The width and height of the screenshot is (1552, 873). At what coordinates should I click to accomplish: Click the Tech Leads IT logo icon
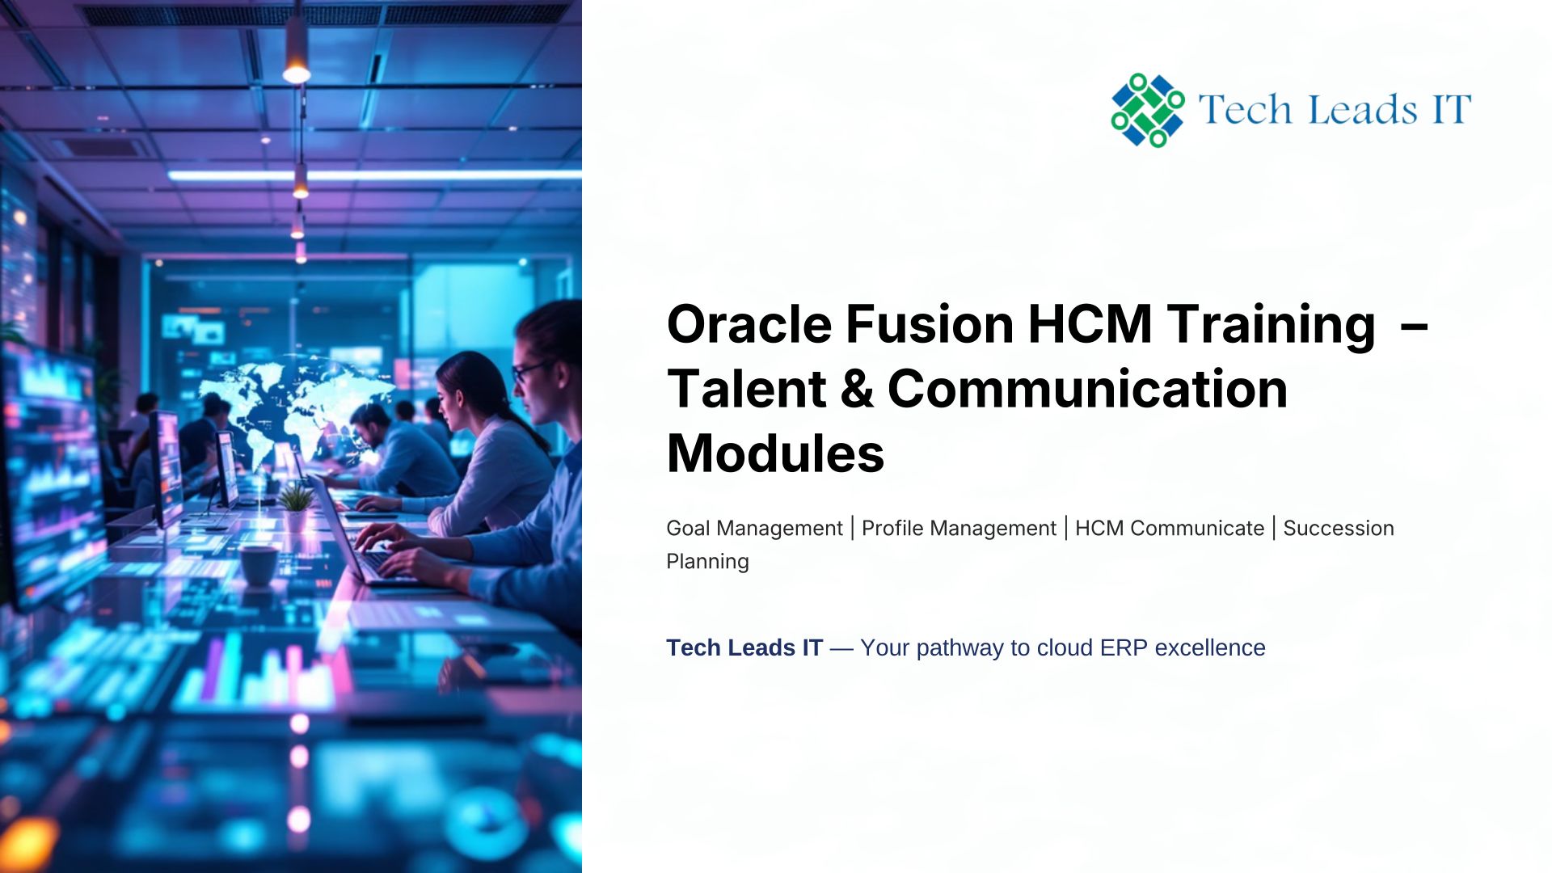coord(1148,110)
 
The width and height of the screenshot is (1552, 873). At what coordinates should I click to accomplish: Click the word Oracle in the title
coord(749,324)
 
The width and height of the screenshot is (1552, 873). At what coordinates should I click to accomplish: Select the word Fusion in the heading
coord(930,324)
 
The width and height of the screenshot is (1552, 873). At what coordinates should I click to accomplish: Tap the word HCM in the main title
coord(1090,324)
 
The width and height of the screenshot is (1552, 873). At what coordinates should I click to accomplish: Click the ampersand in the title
coord(857,389)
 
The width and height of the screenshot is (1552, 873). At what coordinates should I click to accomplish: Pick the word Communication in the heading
coord(1087,389)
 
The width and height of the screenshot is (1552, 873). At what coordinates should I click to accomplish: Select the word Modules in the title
coord(775,453)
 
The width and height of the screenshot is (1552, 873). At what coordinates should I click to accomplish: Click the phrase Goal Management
coord(754,529)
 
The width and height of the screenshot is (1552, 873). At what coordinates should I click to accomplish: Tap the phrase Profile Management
coord(959,529)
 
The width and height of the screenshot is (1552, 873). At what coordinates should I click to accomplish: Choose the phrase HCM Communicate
coord(1170,529)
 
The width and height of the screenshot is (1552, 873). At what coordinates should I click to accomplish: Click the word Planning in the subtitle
coord(707,562)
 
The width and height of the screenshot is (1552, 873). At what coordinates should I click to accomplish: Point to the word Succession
coord(1339,529)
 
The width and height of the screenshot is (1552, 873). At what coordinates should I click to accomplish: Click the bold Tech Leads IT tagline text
coord(744,648)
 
